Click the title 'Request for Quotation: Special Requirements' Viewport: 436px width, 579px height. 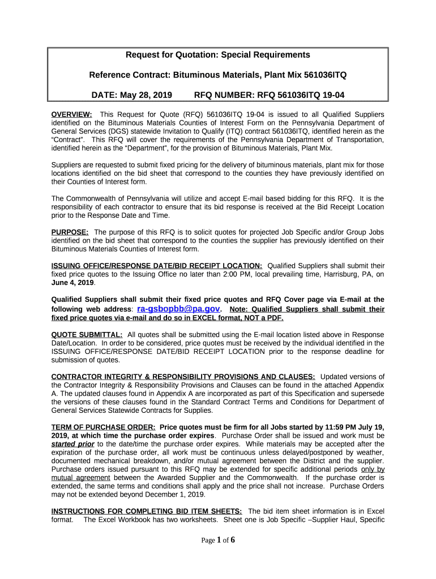pyautogui.click(x=218, y=55)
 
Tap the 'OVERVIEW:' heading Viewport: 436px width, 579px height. pyautogui.click(x=72, y=114)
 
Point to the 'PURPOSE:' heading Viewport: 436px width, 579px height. pyautogui.click(x=70, y=232)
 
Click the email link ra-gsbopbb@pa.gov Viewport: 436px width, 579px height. pyautogui.click(x=178, y=309)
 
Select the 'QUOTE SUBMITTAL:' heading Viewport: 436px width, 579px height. pyautogui.click(x=87, y=335)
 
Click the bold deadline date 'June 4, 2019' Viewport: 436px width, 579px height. pyautogui.click(x=72, y=282)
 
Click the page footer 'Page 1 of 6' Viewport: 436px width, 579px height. pyautogui.click(x=218, y=540)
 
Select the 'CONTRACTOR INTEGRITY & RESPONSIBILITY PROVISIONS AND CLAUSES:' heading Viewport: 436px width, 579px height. pyautogui.click(x=183, y=377)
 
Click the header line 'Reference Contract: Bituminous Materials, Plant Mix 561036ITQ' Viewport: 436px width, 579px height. pyautogui.click(x=218, y=75)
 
